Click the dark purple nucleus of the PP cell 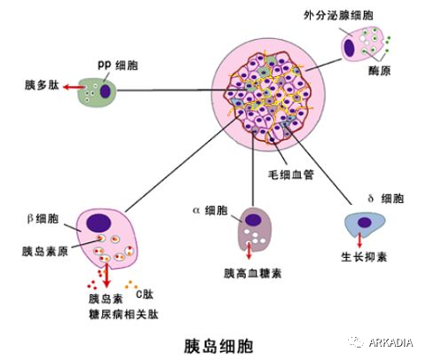point(106,90)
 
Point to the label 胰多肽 point(41,87)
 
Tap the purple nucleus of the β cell point(99,223)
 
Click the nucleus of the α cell point(254,221)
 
